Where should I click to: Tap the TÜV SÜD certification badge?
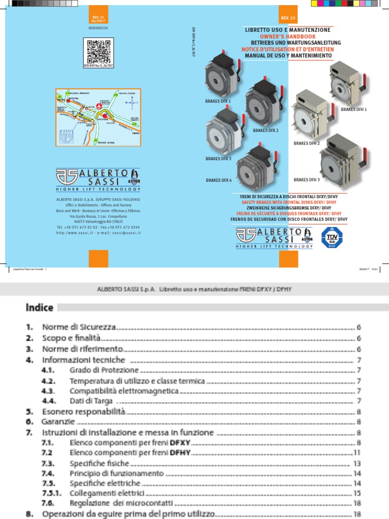click(x=332, y=237)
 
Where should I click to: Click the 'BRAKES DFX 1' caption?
click(x=218, y=101)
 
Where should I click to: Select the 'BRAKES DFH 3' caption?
click(x=307, y=179)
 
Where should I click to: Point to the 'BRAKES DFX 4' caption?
click(x=219, y=180)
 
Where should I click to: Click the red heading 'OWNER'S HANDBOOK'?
click(x=287, y=37)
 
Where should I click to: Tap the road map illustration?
click(x=98, y=118)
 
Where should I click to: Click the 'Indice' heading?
click(x=40, y=308)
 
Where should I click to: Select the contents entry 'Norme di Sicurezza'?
click(x=80, y=327)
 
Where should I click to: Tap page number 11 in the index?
click(x=357, y=452)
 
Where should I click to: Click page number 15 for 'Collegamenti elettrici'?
click(x=357, y=493)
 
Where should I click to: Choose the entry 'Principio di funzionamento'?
click(x=116, y=473)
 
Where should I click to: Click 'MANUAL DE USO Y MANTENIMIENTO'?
click(x=287, y=55)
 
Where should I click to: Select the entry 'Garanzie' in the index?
click(x=59, y=421)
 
